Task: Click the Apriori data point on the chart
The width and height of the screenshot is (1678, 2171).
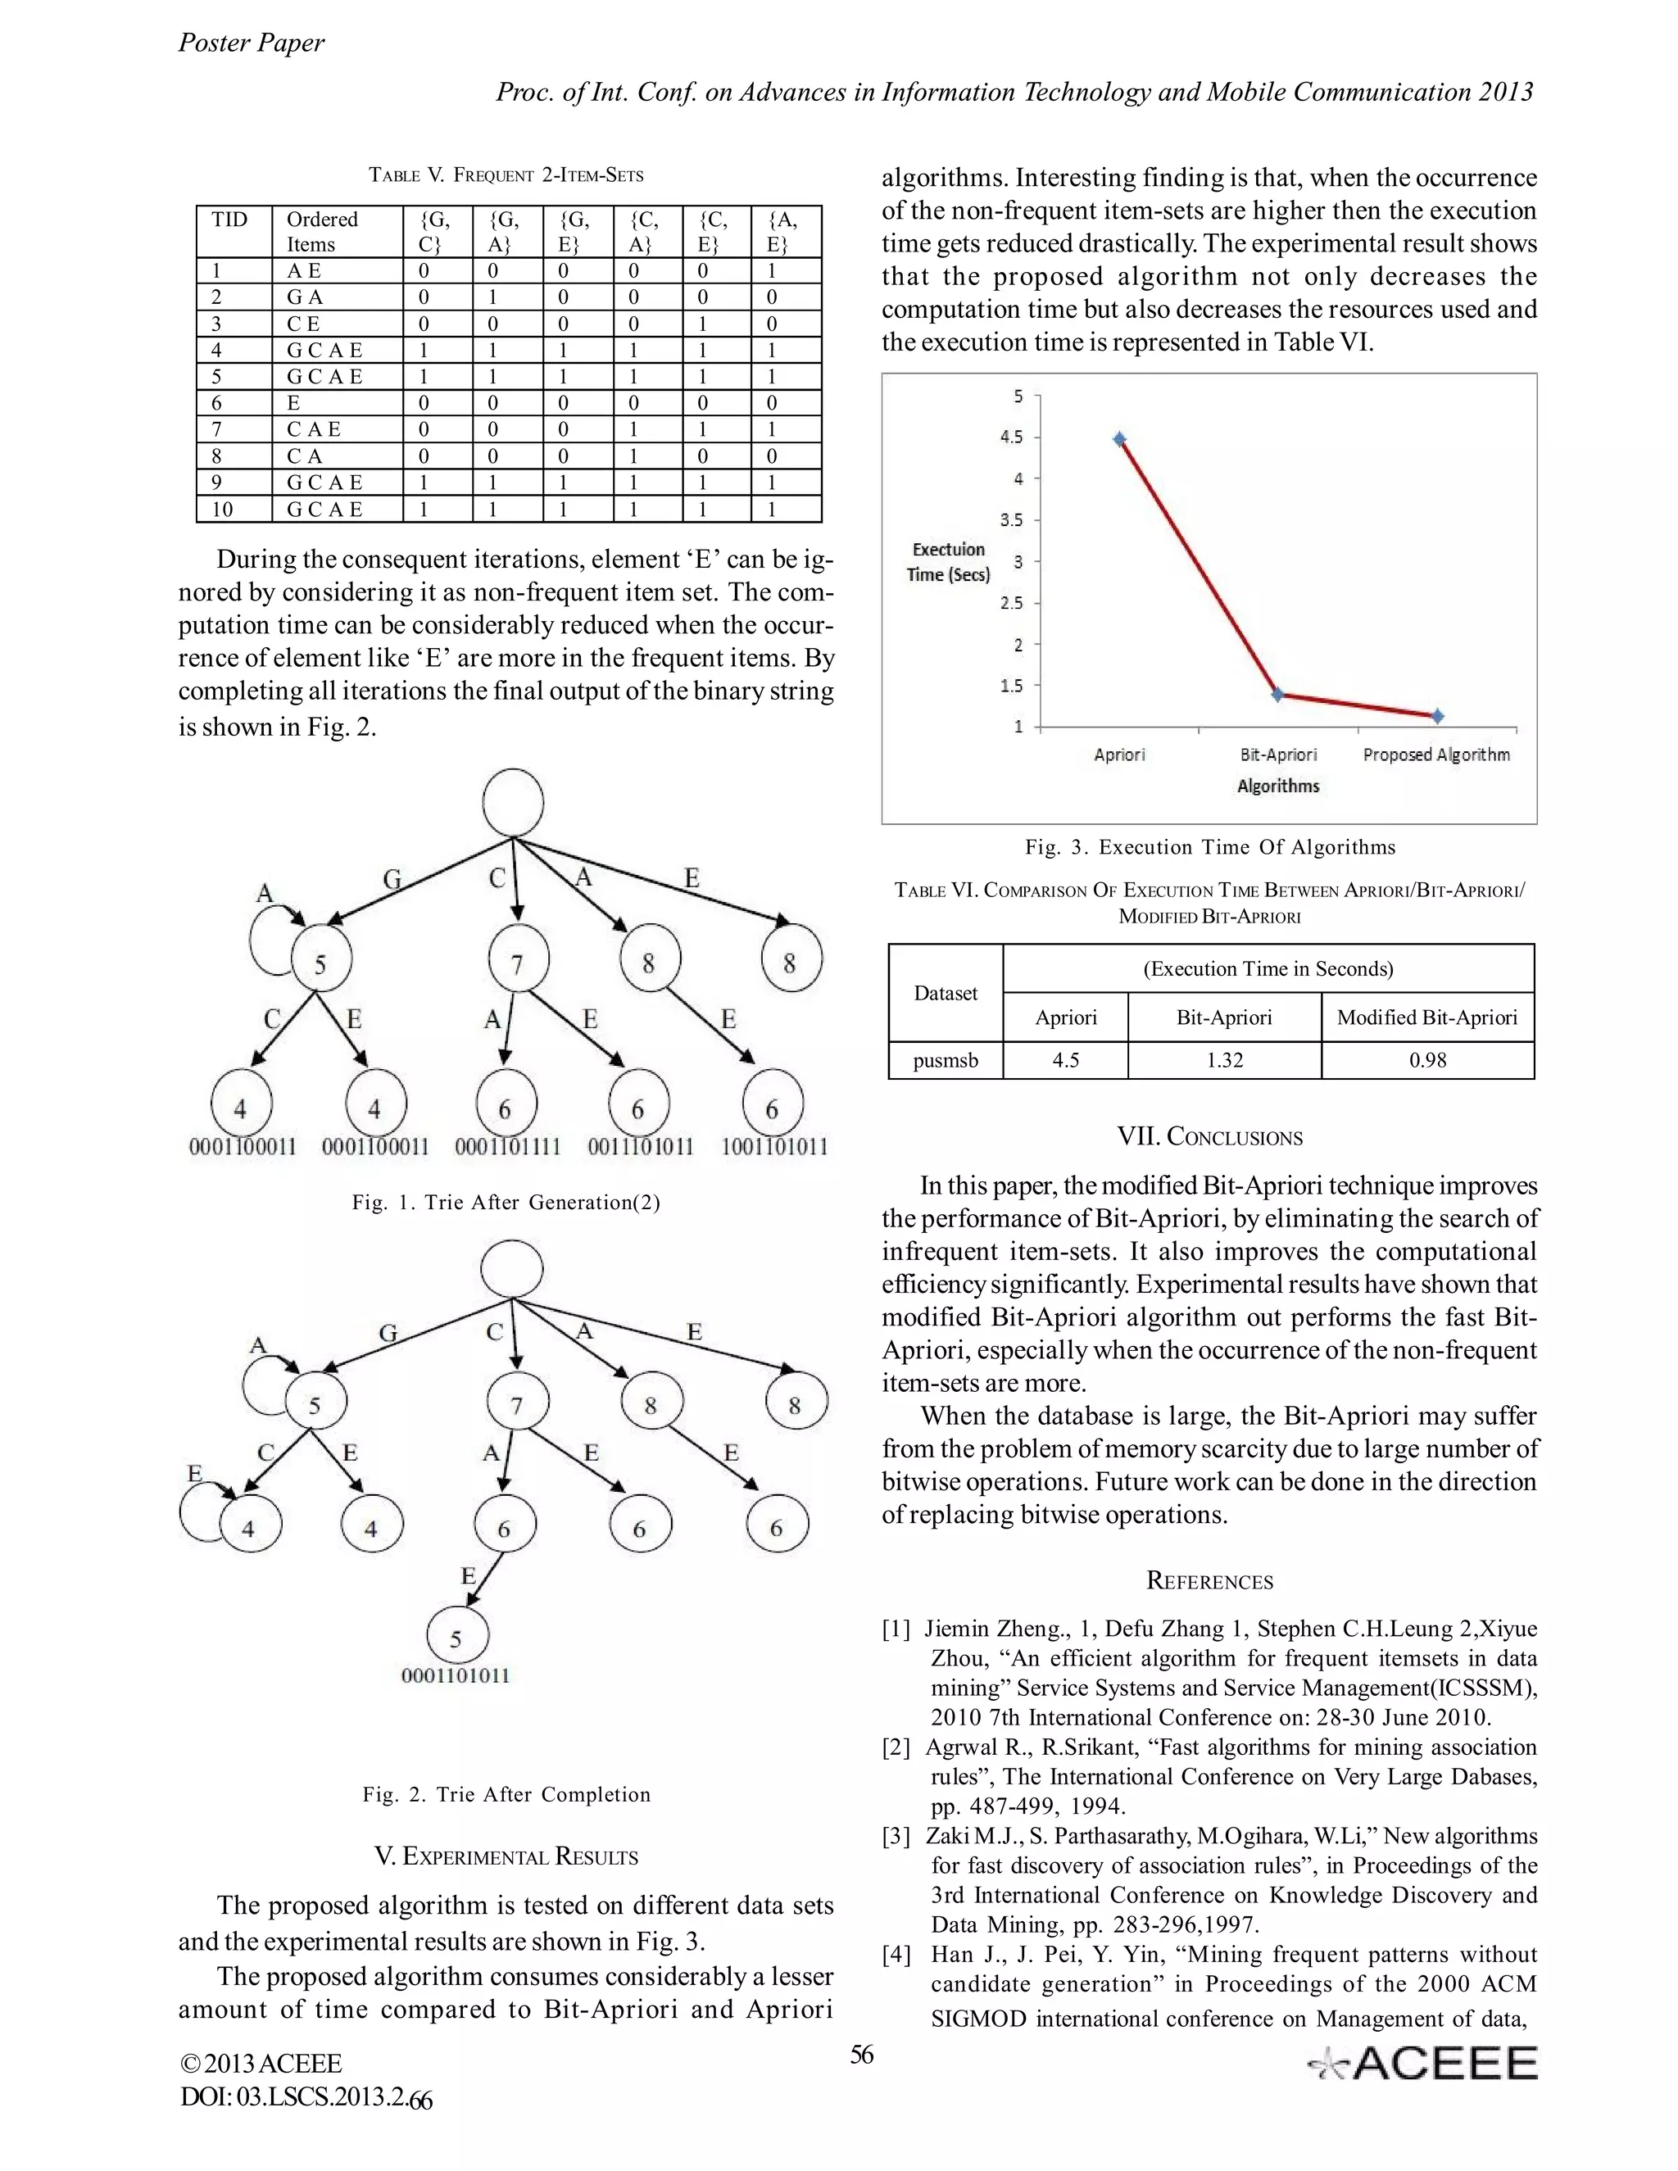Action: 1119,439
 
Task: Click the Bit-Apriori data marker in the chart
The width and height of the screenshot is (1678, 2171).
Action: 1278,695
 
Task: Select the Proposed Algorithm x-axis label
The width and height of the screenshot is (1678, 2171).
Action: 1435,755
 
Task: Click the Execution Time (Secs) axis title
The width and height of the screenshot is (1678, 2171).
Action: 947,562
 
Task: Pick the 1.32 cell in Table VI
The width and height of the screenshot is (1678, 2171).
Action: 1224,1059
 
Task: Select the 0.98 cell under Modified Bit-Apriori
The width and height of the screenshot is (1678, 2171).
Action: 1426,1059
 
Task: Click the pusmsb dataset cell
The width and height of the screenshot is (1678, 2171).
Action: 946,1059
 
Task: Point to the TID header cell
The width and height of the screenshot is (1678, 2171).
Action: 230,220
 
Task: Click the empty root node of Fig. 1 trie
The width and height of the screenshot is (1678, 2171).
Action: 513,802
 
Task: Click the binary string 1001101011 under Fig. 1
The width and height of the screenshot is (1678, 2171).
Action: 773,1146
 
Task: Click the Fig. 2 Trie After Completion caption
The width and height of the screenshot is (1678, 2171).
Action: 506,1794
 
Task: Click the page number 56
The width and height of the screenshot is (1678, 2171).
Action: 861,2055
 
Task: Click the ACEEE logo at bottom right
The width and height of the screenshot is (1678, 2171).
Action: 1423,2063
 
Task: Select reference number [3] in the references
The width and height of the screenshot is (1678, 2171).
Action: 896,1836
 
